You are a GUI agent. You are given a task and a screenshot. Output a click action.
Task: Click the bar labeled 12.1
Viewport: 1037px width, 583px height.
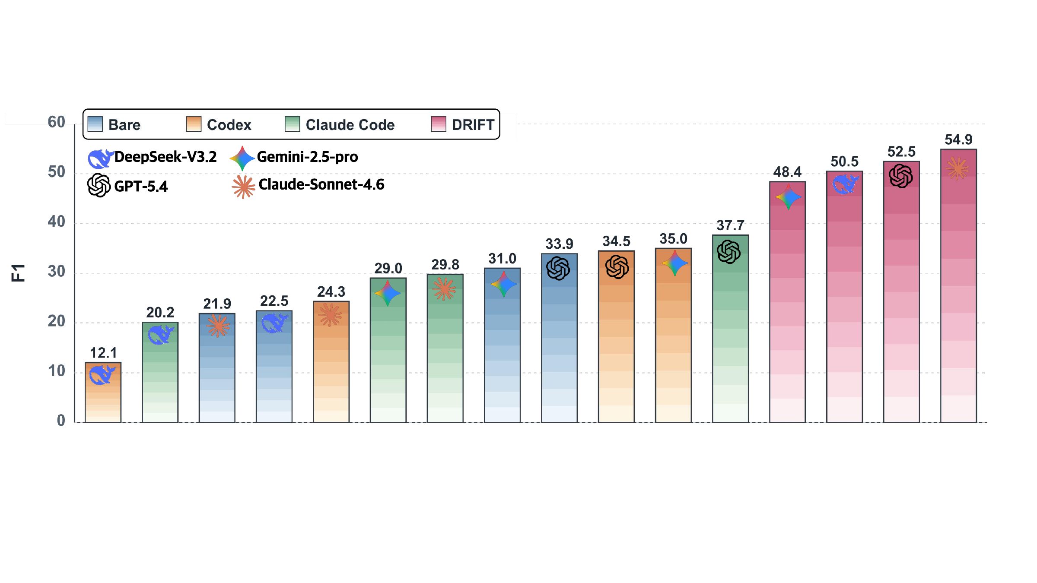point(103,392)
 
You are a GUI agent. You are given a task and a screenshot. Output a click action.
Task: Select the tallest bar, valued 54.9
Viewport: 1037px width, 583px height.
point(958,285)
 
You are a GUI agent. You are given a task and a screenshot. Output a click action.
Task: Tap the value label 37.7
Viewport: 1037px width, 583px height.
point(730,225)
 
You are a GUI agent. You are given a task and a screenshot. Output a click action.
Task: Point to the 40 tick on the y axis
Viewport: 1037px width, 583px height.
point(56,222)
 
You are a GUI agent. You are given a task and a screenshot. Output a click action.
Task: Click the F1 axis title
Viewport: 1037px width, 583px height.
point(19,273)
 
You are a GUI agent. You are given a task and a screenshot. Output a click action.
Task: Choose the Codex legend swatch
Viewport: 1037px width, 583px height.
point(194,124)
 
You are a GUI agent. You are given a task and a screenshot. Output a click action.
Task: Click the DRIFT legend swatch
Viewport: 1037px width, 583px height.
point(439,124)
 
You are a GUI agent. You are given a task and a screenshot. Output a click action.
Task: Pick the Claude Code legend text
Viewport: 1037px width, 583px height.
point(350,125)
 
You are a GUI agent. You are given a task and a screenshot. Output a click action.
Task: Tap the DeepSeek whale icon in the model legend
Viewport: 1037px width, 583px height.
point(101,158)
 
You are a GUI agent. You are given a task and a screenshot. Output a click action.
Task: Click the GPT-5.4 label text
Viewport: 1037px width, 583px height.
point(141,187)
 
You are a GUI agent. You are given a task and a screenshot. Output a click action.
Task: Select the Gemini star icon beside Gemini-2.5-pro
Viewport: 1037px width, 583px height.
point(242,158)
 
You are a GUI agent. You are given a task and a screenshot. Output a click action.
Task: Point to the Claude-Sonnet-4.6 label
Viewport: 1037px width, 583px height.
point(321,184)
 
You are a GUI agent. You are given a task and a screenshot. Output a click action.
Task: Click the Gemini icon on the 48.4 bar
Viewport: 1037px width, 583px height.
point(788,197)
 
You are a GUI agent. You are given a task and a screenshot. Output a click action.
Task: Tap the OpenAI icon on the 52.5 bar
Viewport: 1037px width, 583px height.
point(901,176)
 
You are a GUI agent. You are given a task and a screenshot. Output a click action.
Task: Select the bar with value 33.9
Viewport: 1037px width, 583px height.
point(559,338)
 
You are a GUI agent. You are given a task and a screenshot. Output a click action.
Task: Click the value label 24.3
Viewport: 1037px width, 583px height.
point(331,292)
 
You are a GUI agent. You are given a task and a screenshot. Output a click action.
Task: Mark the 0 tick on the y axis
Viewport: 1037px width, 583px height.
point(61,421)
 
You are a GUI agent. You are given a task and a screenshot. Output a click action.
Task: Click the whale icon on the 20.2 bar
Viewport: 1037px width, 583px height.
point(160,335)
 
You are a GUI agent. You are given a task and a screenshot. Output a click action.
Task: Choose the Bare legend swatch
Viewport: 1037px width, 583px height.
point(95,124)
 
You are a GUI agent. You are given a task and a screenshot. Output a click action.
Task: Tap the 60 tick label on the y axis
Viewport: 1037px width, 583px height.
point(56,122)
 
